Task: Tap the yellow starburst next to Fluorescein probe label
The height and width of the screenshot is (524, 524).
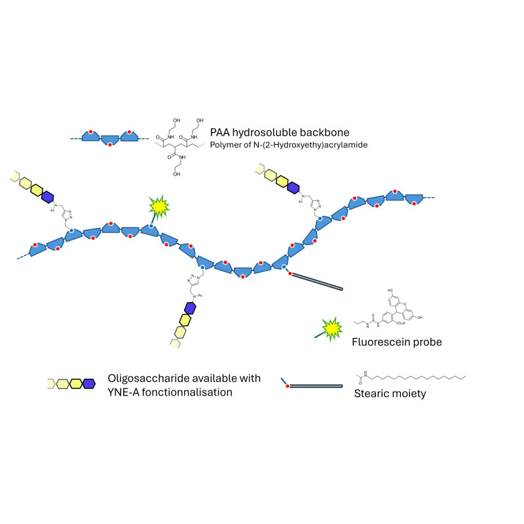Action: point(332,326)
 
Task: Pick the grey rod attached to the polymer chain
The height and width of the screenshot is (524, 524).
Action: point(316,281)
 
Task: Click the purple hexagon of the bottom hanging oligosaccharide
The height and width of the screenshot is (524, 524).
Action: point(191,307)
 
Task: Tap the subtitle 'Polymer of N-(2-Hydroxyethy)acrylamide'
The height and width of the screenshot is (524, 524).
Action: point(288,144)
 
